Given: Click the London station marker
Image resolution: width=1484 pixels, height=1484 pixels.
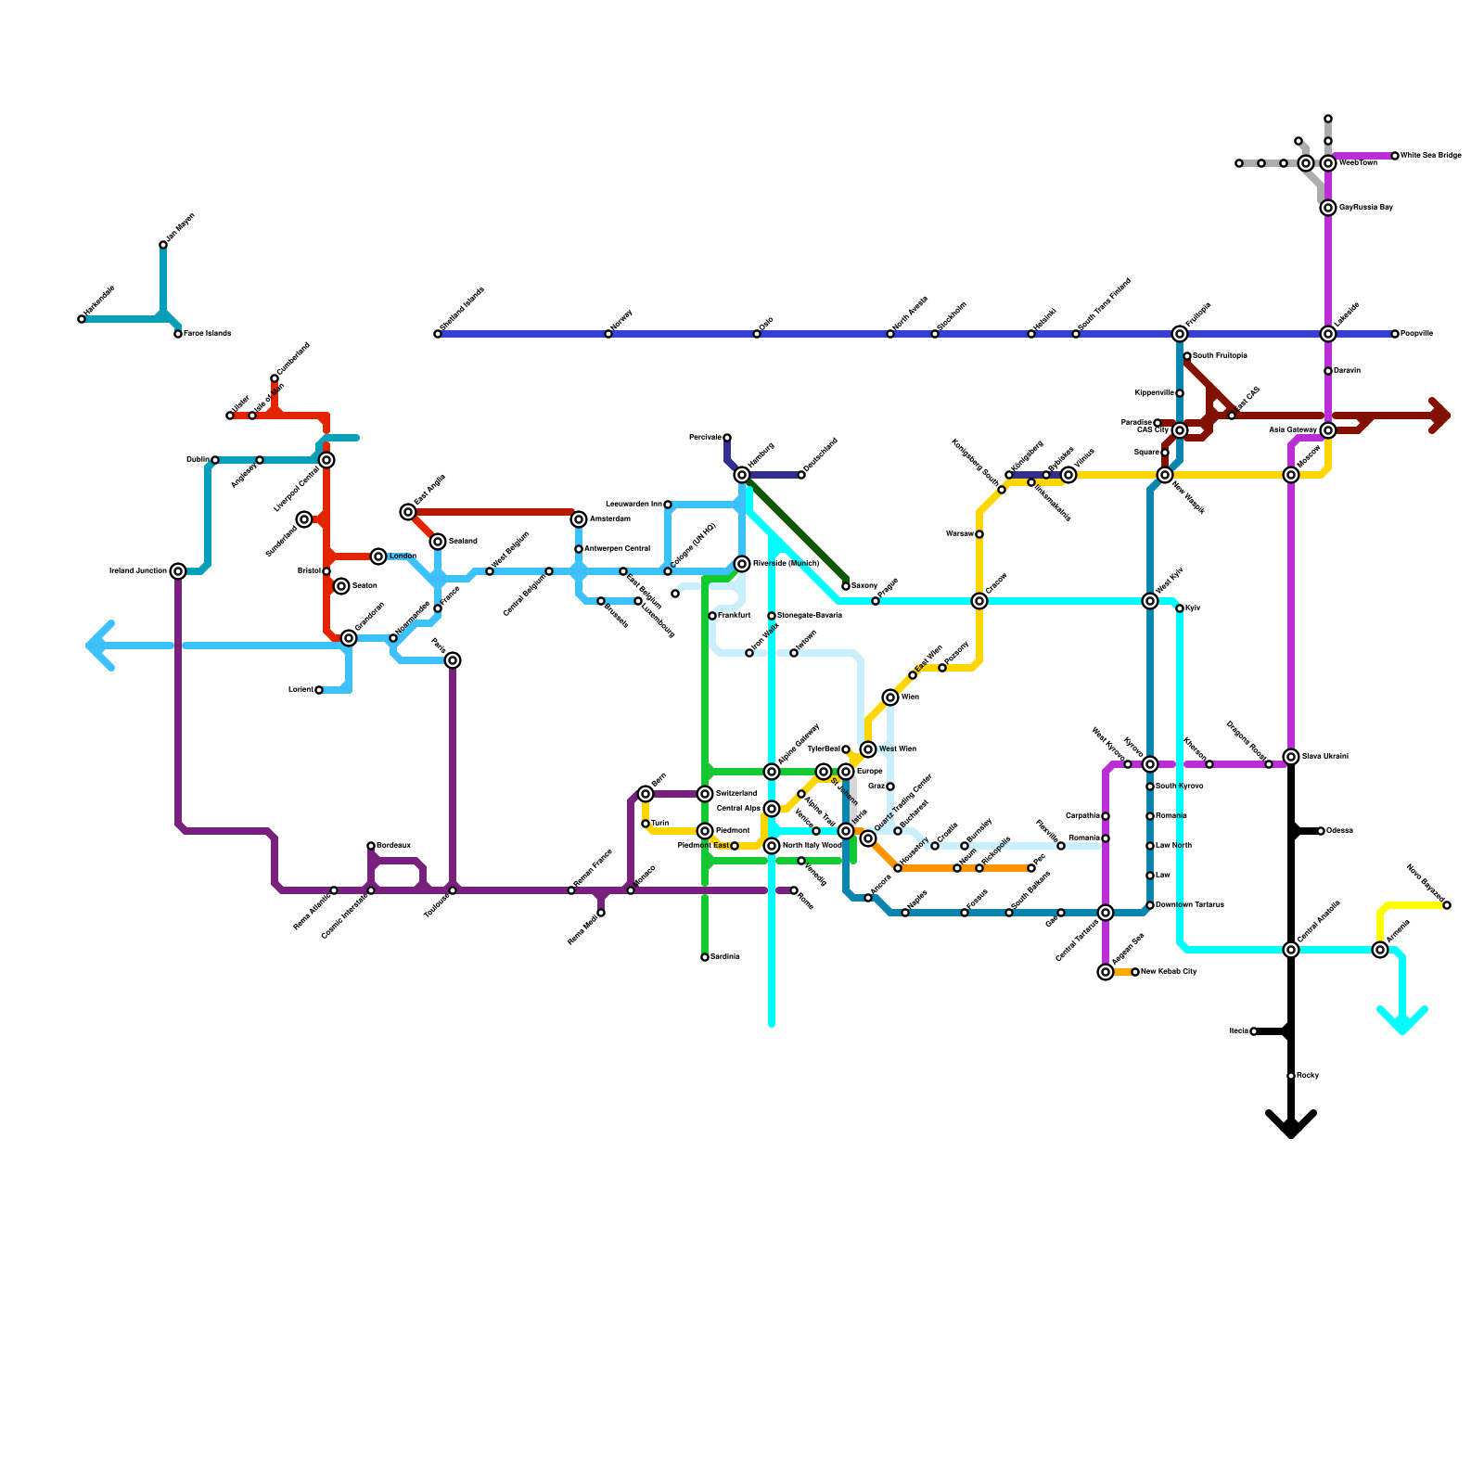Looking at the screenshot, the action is coord(378,556).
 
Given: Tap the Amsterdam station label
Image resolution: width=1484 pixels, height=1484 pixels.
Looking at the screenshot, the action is coord(609,519).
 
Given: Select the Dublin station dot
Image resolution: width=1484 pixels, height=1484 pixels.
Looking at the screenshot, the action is coord(215,460).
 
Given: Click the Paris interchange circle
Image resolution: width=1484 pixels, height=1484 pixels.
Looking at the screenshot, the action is coord(453,660).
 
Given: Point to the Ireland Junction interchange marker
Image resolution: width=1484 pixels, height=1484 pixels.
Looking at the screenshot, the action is coord(178,571).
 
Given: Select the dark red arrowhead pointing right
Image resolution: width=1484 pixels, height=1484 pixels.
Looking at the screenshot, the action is coord(1439,416).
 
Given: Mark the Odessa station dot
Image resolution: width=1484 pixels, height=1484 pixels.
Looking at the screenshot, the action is coord(1321,831).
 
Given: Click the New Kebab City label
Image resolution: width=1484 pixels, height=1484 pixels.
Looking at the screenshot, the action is coord(1169,972).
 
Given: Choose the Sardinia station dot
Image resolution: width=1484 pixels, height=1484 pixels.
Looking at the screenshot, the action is coord(705,957).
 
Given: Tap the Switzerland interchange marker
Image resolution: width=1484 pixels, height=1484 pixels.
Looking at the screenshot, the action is coord(705,794).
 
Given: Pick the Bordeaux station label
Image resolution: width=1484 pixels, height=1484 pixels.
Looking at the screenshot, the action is coord(393,846).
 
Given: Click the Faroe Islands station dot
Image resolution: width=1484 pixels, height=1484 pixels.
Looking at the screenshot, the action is coord(178,334).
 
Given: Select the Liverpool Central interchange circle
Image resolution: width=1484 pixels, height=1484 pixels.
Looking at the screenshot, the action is coord(326,460).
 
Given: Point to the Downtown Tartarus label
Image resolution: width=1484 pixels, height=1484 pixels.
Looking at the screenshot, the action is coord(1189,905).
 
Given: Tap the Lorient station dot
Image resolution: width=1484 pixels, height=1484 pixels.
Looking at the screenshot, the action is coord(319,690).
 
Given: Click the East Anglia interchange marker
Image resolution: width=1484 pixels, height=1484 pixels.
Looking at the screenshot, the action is coord(408,512).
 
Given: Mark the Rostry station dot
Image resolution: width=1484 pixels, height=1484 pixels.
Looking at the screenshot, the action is coord(1291,1076).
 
